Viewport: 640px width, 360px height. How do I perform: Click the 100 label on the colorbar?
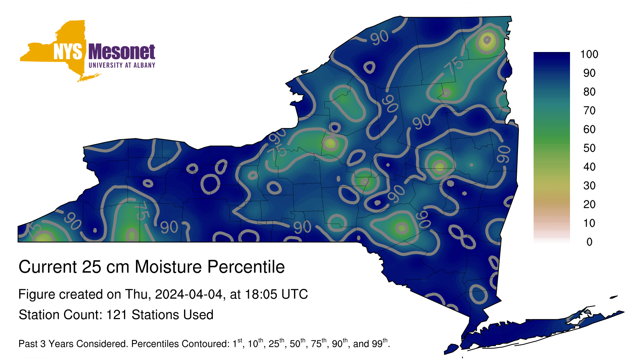pos(589,54)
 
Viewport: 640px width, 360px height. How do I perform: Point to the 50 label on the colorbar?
pos(589,148)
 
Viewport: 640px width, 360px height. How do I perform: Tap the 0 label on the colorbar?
pos(590,242)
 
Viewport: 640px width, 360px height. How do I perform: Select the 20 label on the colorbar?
pos(589,204)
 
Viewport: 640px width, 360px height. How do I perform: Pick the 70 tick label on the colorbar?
pos(589,110)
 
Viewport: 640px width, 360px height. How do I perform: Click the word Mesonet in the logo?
pos(122,52)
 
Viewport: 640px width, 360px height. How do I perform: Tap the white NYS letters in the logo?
pos(68,52)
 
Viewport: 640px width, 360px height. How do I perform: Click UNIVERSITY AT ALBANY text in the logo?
pos(122,65)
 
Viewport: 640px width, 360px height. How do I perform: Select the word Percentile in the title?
pos(246,267)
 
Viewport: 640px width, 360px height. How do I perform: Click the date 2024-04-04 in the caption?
pos(188,294)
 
